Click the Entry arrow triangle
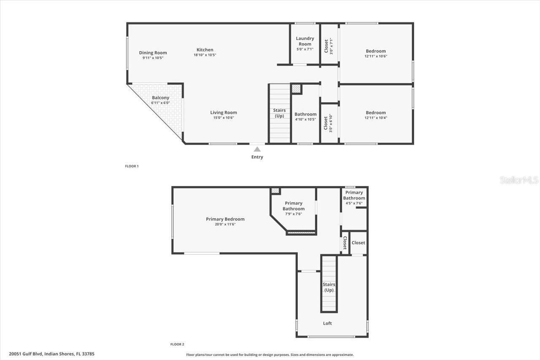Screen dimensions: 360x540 [257, 149]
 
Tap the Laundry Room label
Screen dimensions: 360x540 [305, 41]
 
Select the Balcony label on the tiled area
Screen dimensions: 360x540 [160, 97]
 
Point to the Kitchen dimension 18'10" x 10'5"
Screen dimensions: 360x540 [205, 55]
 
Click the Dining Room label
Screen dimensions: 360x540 [153, 53]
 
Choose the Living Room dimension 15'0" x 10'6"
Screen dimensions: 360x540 [223, 118]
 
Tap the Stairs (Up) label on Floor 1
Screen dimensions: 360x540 [279, 113]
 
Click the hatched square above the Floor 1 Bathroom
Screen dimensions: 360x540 [297, 89]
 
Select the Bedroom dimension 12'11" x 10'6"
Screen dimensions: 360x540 [375, 56]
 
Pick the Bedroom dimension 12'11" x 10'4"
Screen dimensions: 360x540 [375, 118]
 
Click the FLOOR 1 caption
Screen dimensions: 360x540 [132, 166]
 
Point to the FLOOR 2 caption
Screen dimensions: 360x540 [177, 344]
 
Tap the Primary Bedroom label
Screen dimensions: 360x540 [225, 219]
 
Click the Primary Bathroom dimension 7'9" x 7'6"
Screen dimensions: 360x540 [293, 214]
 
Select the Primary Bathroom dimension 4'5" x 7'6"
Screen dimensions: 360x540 [354, 203]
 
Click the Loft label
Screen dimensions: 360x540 [327, 323]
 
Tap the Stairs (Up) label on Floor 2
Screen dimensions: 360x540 [329, 287]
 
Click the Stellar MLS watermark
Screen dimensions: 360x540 [519, 180]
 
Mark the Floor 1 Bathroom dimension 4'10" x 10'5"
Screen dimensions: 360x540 [305, 119]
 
